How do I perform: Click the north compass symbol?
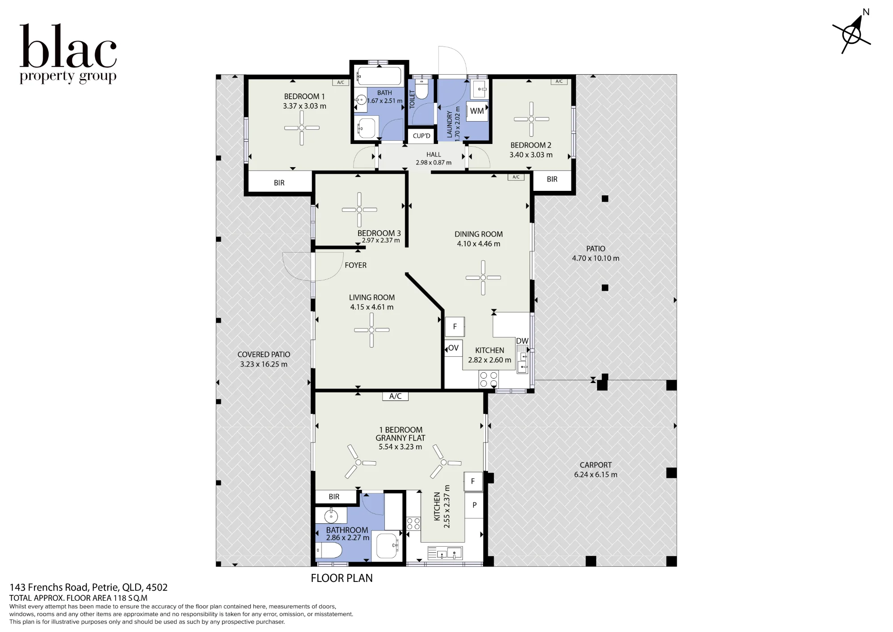[x=852, y=34]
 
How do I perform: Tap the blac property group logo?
[x=68, y=54]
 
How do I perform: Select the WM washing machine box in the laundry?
[x=477, y=111]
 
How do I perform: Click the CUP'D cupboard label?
[x=421, y=136]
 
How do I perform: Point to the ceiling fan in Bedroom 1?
[x=302, y=128]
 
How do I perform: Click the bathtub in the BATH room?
[x=380, y=76]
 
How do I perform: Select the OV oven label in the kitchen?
[x=453, y=348]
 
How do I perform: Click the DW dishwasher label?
[x=522, y=341]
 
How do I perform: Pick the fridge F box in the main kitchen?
[x=455, y=327]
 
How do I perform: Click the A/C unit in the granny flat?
[x=395, y=396]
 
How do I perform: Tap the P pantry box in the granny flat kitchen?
[x=474, y=505]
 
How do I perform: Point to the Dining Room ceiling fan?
[x=483, y=278]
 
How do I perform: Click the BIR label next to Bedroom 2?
[x=552, y=179]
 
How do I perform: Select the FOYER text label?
[x=355, y=265]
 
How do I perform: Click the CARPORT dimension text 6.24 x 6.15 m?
[x=596, y=475]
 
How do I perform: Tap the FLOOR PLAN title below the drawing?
[x=342, y=578]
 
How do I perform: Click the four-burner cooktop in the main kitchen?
[x=488, y=379]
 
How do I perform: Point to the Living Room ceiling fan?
[x=371, y=330]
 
